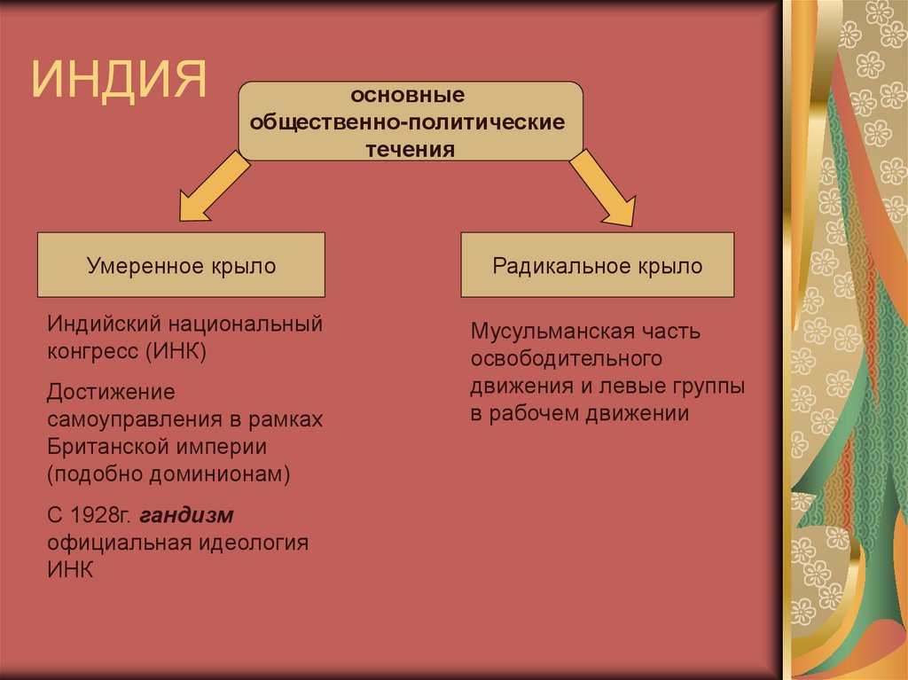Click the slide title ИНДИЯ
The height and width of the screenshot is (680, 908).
coord(120,79)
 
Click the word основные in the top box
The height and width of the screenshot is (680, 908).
coord(408,95)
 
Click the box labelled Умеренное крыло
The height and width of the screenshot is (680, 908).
coord(181,265)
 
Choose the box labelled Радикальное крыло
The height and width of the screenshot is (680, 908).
coord(597,265)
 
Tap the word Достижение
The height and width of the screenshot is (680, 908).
coord(111,392)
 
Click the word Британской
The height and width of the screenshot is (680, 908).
coord(106,446)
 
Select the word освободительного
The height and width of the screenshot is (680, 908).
coord(567,359)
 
